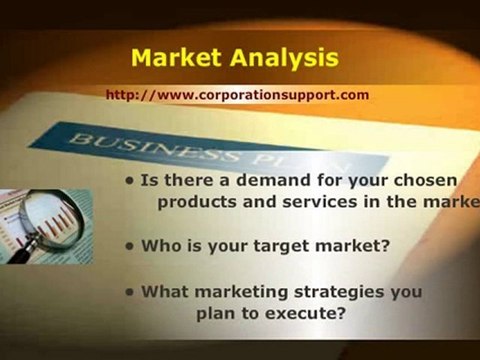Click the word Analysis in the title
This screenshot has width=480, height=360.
point(287,58)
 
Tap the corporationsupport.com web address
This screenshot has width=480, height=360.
point(237,95)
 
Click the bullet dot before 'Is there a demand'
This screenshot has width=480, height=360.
point(130,182)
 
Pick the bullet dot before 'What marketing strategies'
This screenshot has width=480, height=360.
point(130,293)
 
